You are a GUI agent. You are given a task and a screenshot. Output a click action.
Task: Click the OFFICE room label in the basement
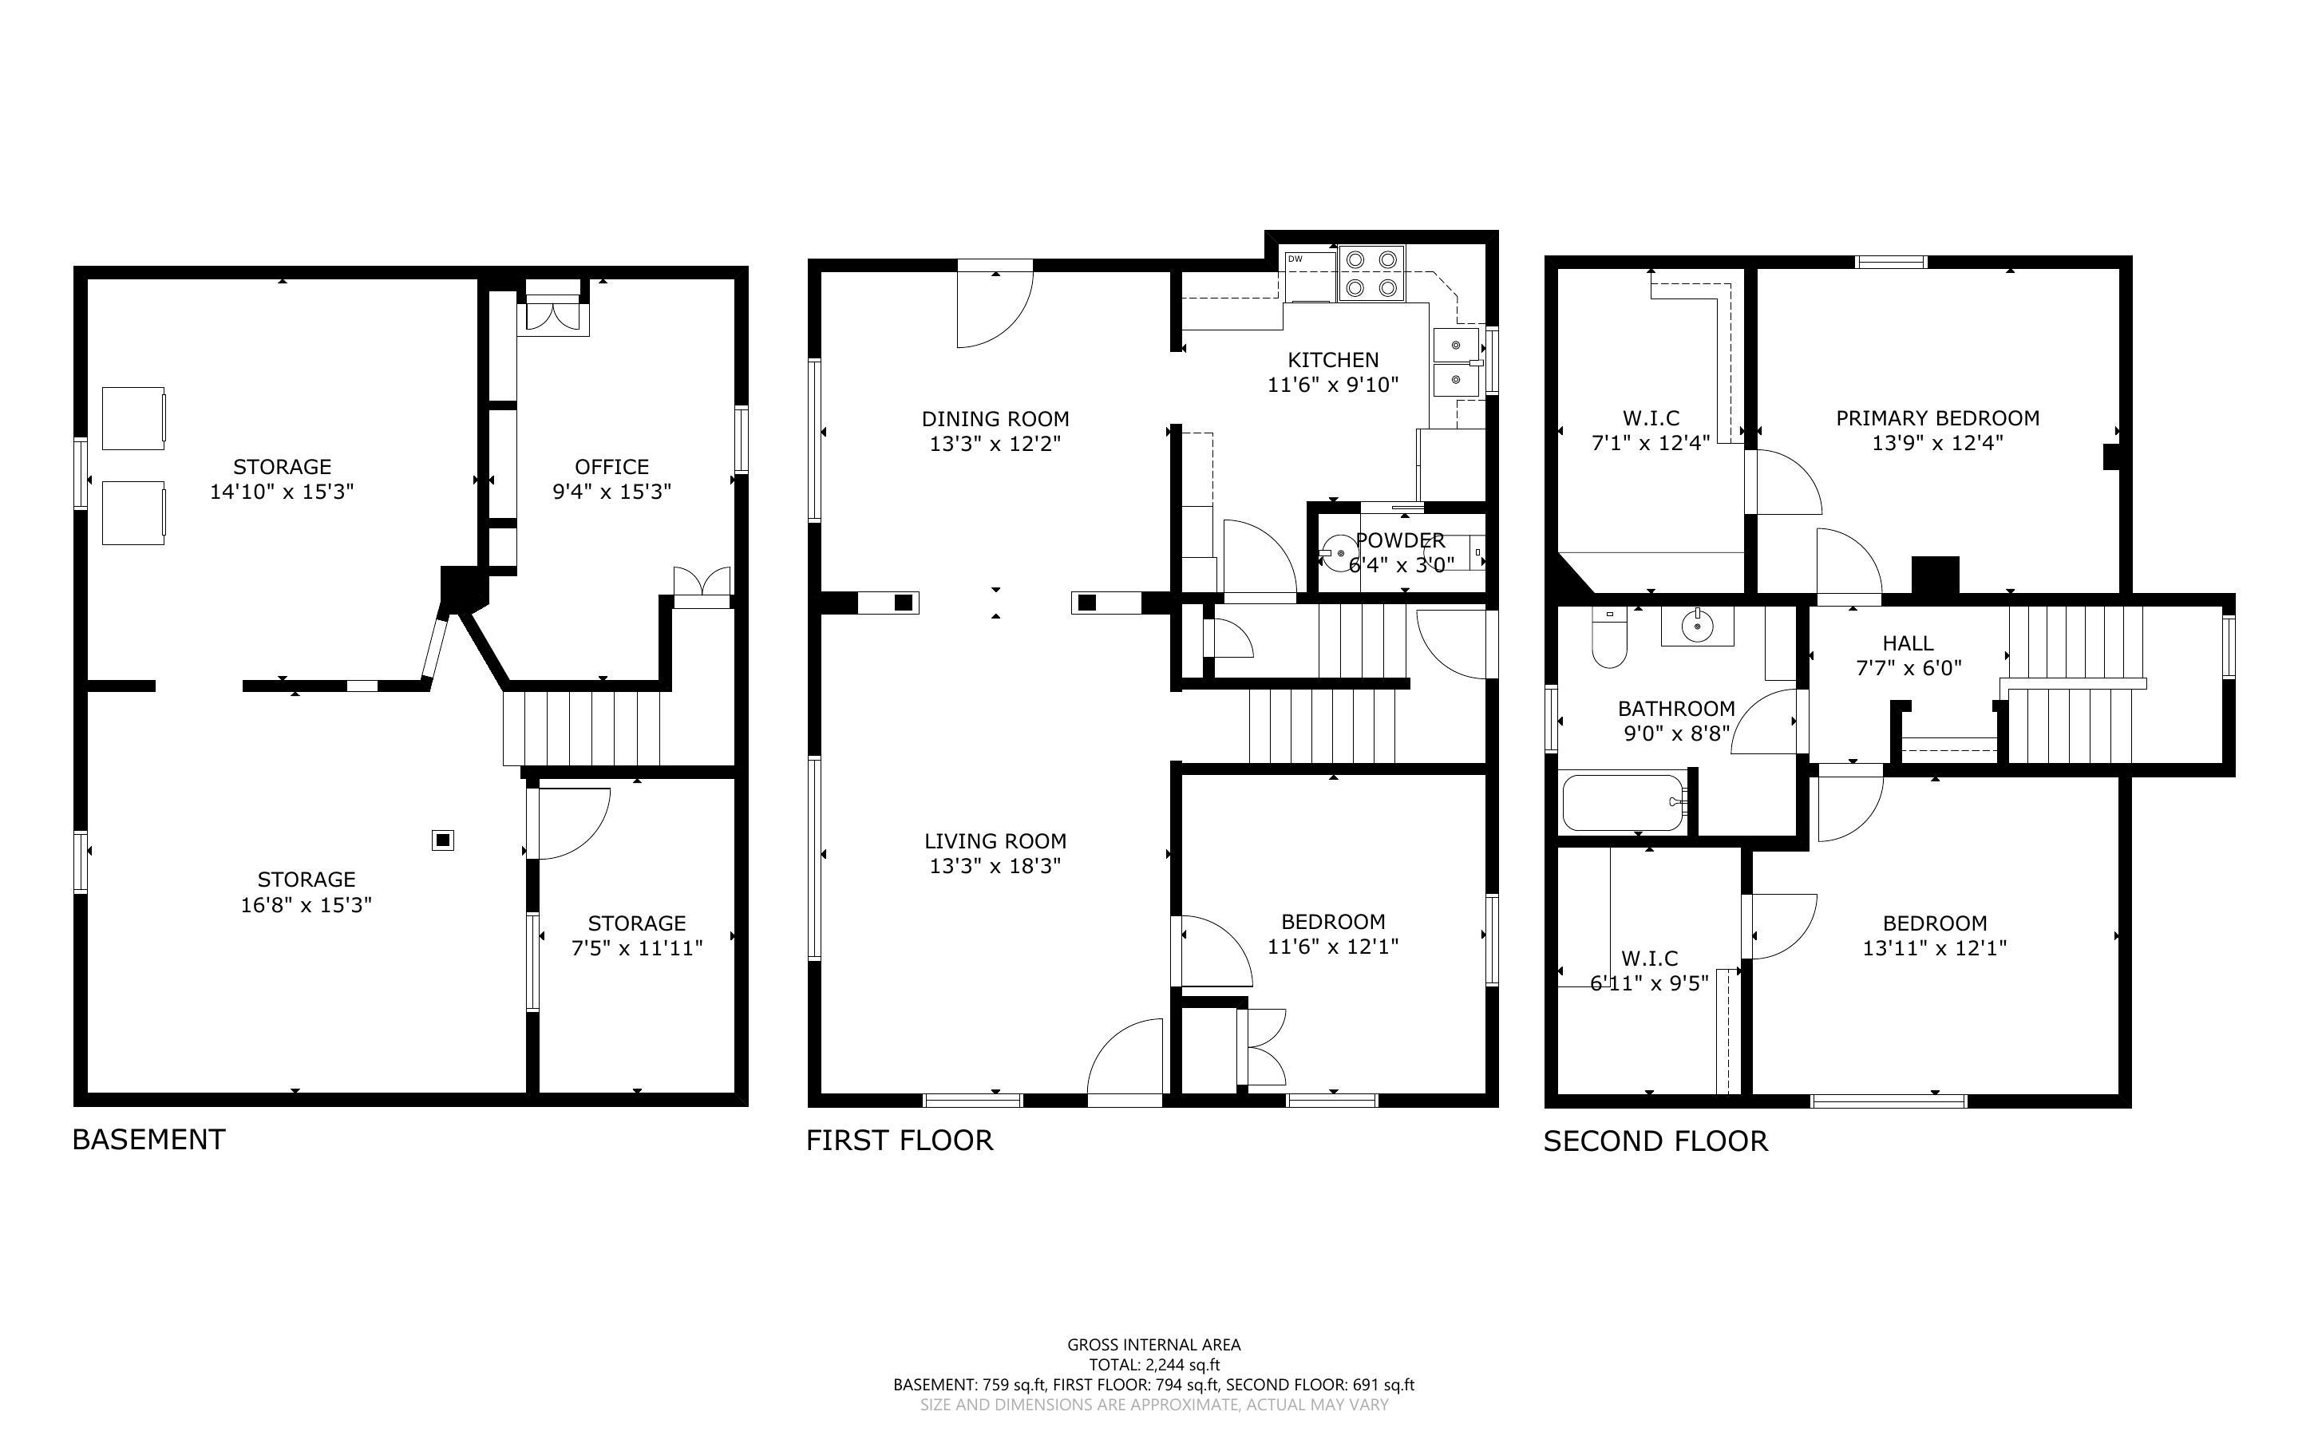(611, 467)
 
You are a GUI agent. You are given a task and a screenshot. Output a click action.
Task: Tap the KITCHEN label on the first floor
(1333, 360)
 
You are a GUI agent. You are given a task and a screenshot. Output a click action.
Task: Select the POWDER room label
(1400, 540)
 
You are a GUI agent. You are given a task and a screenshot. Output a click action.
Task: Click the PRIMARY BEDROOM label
(1938, 418)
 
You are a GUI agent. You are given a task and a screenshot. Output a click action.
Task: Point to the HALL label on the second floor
(1909, 643)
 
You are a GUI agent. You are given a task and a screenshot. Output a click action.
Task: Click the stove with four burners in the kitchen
(1372, 273)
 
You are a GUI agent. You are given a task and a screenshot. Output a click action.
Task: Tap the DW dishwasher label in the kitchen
(1295, 259)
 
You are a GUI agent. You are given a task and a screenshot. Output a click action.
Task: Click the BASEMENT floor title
(148, 1140)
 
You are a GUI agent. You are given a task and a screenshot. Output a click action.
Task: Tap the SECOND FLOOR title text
(1655, 1141)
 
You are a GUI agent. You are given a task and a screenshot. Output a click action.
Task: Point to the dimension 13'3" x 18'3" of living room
(995, 866)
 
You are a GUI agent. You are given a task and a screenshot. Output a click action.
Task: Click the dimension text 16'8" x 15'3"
(306, 903)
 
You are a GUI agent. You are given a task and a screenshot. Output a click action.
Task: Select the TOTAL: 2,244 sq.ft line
(1154, 1365)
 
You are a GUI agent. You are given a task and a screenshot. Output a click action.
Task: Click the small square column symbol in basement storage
(443, 840)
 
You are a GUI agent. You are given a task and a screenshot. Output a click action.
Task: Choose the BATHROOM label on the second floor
(1676, 708)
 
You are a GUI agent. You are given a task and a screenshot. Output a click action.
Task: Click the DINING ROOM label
(995, 419)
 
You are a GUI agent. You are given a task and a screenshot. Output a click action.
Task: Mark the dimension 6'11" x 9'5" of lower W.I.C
(1649, 982)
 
